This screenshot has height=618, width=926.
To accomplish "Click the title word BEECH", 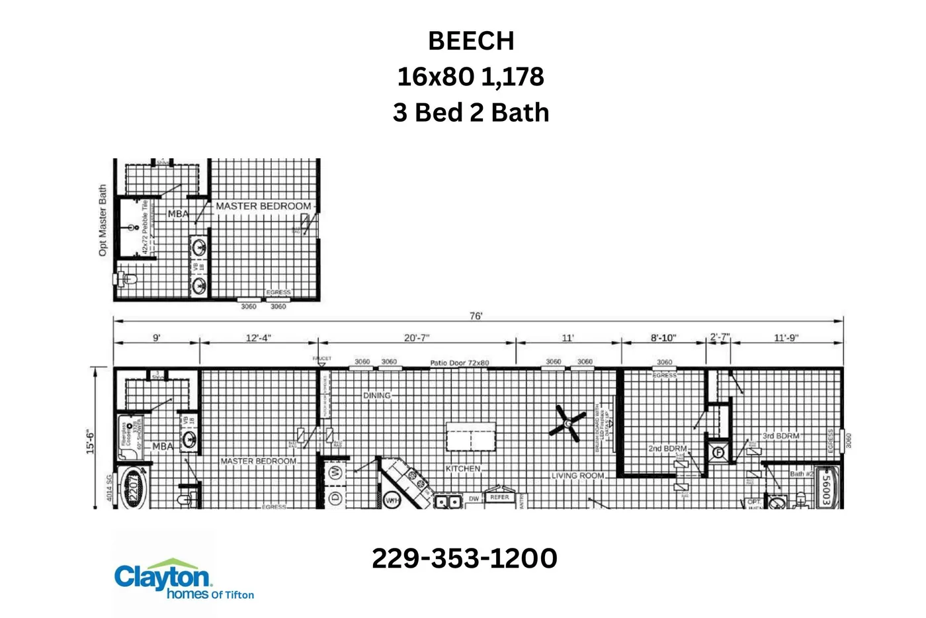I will pos(470,41).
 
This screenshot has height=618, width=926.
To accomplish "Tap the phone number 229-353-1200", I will pos(464,558).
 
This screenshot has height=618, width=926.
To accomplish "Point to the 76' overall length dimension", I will pos(476,316).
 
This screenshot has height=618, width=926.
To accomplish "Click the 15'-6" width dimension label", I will pos(90,441).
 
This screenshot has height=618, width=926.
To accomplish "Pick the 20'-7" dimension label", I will pos(416,338).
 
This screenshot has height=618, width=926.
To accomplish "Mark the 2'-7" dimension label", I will pos(720,337).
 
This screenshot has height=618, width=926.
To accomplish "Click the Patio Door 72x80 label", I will pos(459,363).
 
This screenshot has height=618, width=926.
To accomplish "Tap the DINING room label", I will pos(376,396).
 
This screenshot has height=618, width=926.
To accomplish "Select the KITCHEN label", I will pos(462,468).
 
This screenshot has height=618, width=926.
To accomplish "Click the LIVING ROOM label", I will pos(577,476).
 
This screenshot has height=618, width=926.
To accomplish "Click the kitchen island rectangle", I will pos(470,437).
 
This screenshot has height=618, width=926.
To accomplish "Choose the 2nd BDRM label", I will pos(667,449).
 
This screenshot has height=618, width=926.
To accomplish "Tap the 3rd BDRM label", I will pos(780,436).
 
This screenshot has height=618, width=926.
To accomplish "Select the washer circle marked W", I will pos(335,472).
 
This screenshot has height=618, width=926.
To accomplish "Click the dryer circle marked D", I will pos(335,498).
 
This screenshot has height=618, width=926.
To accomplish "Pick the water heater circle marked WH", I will pos(392,500).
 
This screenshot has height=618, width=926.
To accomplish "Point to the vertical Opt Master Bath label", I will pos(103,220).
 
